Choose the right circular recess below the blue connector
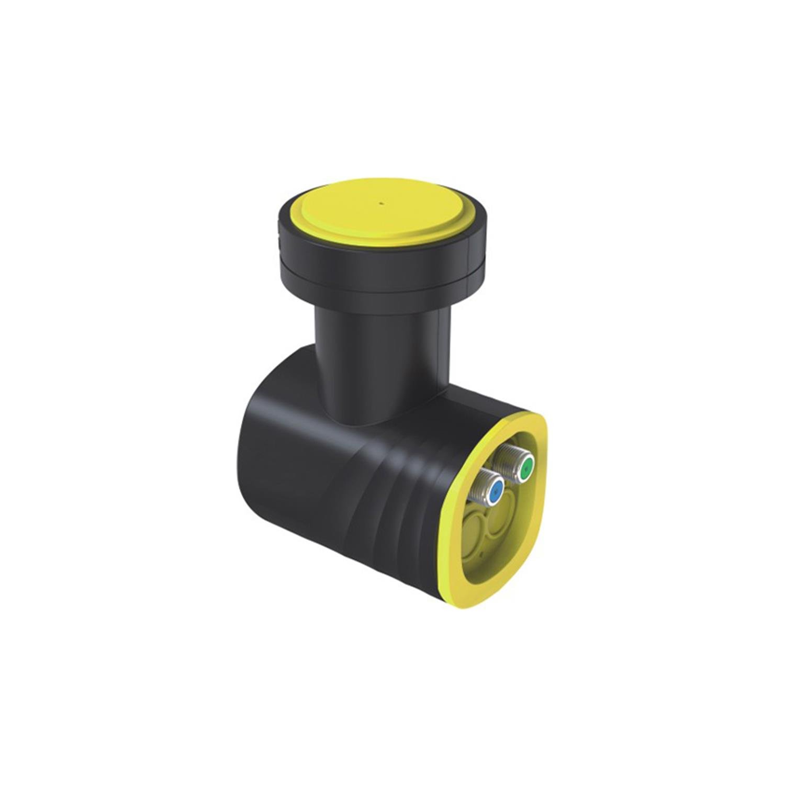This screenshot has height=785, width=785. pos(500,518)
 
